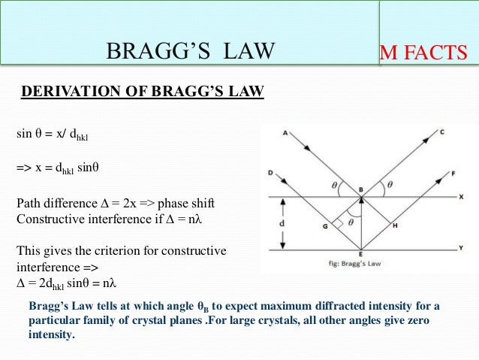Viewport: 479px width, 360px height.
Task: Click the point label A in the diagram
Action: (286, 134)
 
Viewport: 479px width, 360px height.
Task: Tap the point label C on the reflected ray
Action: (442, 133)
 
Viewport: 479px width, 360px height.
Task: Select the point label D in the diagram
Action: (270, 173)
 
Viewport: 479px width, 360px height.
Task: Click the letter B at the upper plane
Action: (361, 189)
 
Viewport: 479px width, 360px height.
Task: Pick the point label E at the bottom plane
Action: (361, 256)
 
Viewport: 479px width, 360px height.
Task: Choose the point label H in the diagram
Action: (396, 225)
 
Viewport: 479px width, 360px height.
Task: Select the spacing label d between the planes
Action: (281, 223)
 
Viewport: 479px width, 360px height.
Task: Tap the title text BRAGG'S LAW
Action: (191, 51)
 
